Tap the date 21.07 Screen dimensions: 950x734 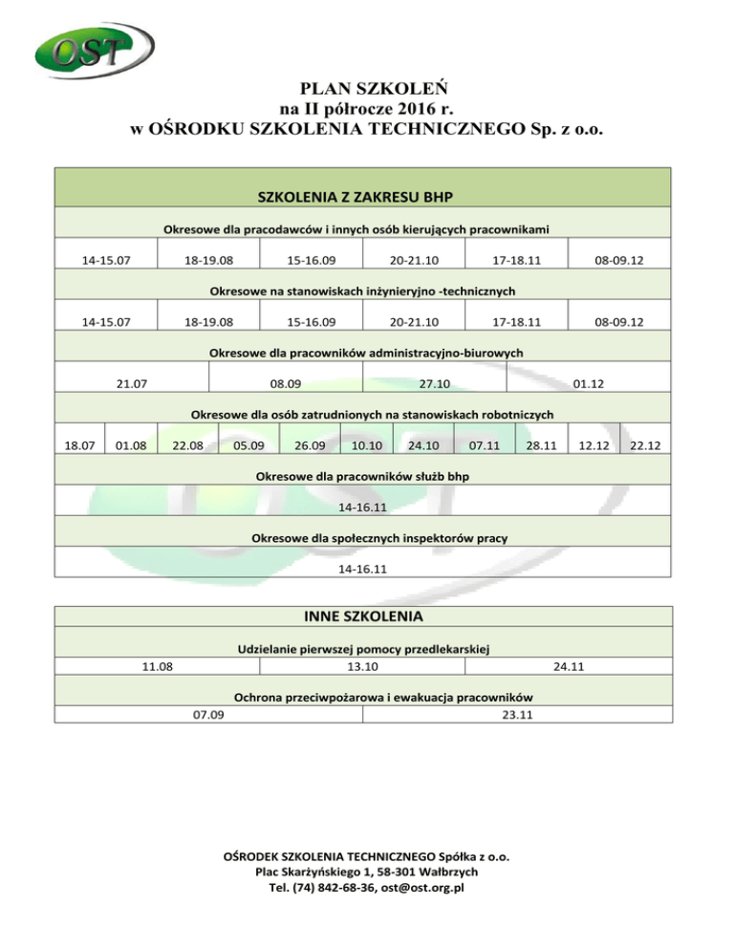(131, 384)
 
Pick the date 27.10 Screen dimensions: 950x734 (435, 384)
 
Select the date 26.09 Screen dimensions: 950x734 (310, 445)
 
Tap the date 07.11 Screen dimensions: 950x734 (484, 445)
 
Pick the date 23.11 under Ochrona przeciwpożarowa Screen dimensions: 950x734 (517, 715)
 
